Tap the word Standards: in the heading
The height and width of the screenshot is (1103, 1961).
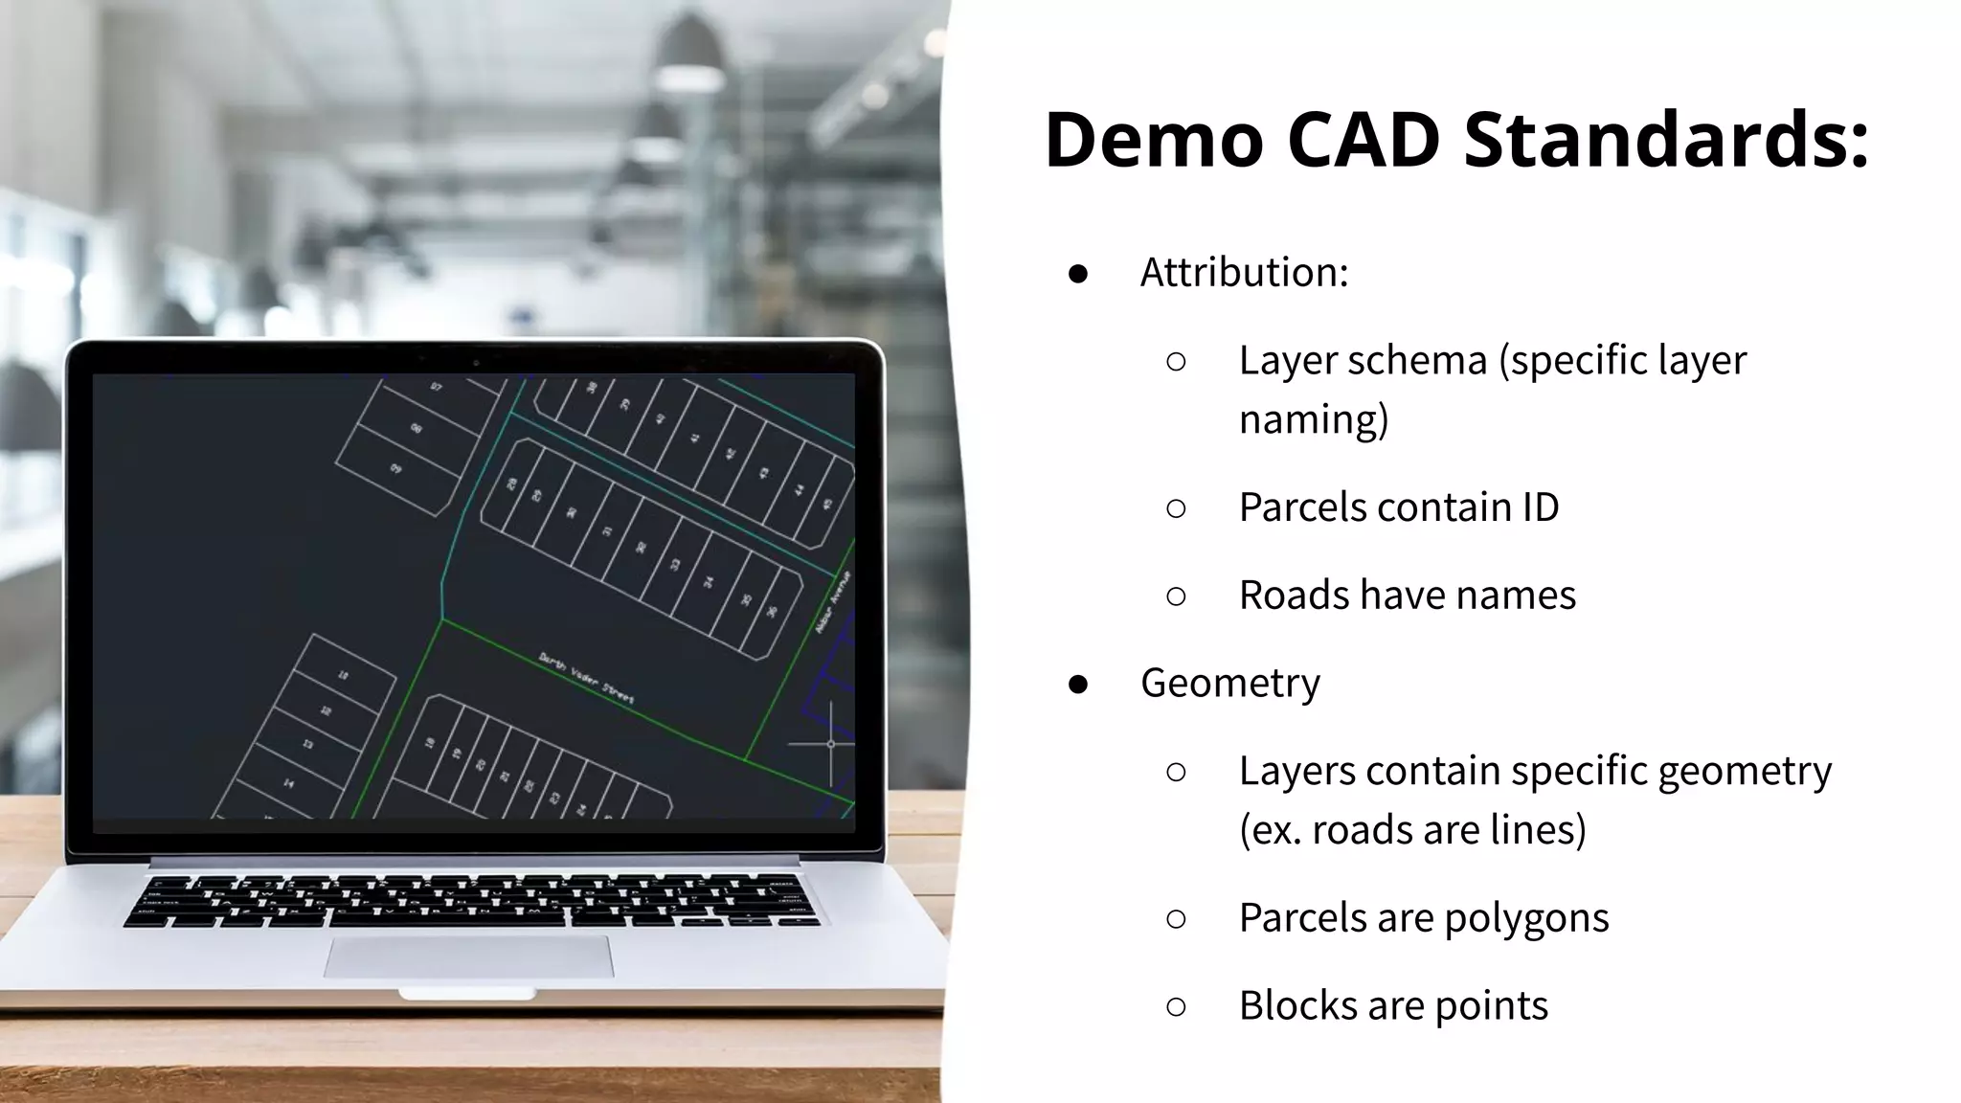click(x=1666, y=140)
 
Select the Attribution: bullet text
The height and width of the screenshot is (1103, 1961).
click(x=1244, y=273)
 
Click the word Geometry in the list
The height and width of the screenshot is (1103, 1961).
click(x=1229, y=683)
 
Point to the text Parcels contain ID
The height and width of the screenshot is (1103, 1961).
click(x=1398, y=507)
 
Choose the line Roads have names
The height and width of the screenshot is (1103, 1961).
click(x=1407, y=596)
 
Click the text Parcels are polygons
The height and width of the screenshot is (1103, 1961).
click(x=1423, y=918)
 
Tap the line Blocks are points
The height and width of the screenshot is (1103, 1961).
click(x=1392, y=1006)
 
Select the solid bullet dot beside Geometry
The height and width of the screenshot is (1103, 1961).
click(x=1078, y=684)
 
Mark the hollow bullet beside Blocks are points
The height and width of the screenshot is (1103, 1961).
click(x=1177, y=1006)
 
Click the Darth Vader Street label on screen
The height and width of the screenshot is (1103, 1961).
click(x=586, y=678)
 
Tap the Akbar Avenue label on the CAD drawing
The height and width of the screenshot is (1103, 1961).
click(x=833, y=601)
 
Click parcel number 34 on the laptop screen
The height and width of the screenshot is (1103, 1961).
click(x=710, y=581)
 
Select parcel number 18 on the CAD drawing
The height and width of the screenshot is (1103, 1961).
click(x=430, y=742)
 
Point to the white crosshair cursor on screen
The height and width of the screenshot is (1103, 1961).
click(x=830, y=743)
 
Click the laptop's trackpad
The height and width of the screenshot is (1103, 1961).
click(x=468, y=957)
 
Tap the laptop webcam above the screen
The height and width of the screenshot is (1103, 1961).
click(x=476, y=363)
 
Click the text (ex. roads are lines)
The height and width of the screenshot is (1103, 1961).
click(x=1412, y=830)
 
